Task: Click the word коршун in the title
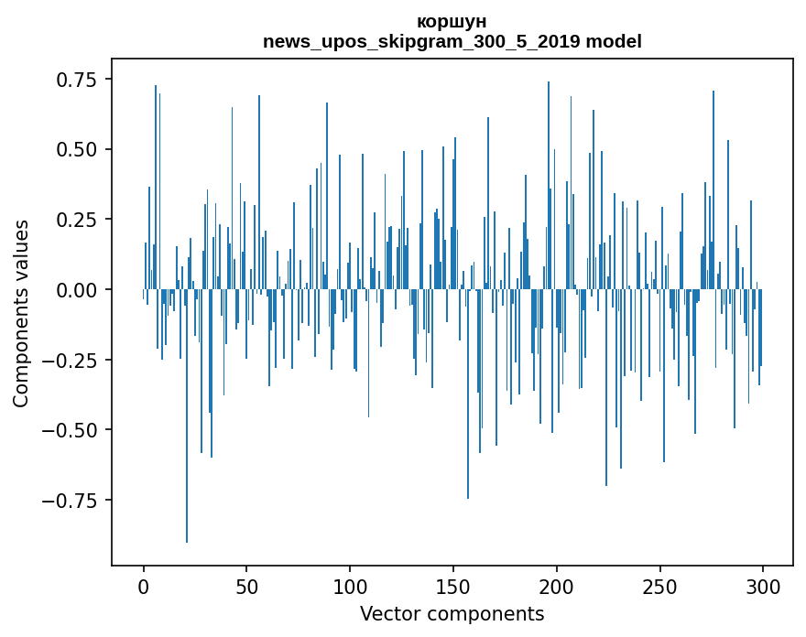click(452, 22)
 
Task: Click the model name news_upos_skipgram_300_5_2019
click(422, 41)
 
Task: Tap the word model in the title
click(614, 41)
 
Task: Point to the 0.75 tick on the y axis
click(76, 80)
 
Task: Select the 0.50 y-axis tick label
click(76, 150)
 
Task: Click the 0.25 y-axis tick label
click(76, 220)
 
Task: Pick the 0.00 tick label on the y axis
click(76, 290)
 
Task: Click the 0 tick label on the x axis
click(144, 587)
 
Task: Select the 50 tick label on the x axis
click(246, 587)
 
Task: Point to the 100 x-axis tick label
click(350, 587)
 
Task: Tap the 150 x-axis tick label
click(453, 587)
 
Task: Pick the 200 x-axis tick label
click(557, 587)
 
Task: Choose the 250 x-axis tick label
click(659, 587)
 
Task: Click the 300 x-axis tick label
click(763, 587)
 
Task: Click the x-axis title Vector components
click(452, 614)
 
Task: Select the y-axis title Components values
click(20, 313)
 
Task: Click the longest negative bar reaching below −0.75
click(187, 416)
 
